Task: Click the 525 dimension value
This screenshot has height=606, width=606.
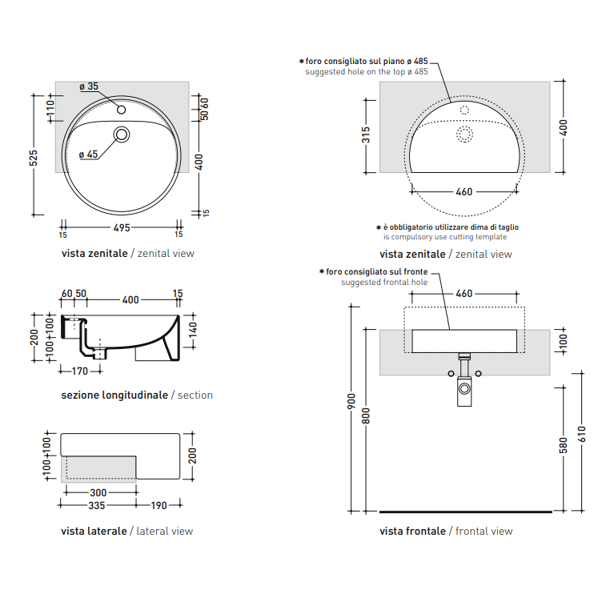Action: coord(34,158)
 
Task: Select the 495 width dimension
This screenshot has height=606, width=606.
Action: coord(122,228)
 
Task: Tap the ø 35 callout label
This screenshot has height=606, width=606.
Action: coord(89,86)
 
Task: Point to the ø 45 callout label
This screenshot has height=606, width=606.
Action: coord(89,155)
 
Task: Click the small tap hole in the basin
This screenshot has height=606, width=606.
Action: coord(122,110)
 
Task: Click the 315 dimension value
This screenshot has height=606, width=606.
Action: coord(366,134)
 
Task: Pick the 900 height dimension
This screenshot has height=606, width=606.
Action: coord(351,402)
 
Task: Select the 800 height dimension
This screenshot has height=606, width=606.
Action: coord(366,415)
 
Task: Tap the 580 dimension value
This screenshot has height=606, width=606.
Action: coord(564,445)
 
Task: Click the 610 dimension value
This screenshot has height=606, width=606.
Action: coord(583,435)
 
